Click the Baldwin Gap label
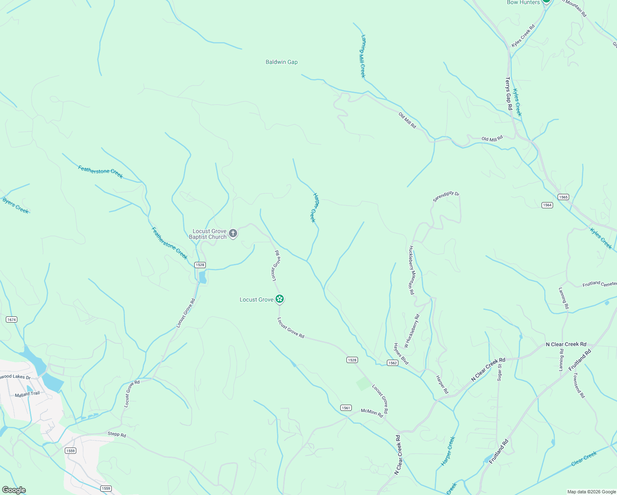281,62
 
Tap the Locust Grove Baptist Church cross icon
233,234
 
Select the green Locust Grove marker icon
280,299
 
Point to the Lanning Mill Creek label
363,56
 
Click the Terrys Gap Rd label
509,94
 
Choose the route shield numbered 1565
563,197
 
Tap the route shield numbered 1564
547,205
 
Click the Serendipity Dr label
446,196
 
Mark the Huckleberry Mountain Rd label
411,270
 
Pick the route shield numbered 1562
392,363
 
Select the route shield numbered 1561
346,408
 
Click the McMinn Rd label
372,413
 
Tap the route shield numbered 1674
12,320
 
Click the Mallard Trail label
27,394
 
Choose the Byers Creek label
16,205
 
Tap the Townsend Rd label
579,385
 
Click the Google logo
14,490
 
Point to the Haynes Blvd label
401,354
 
